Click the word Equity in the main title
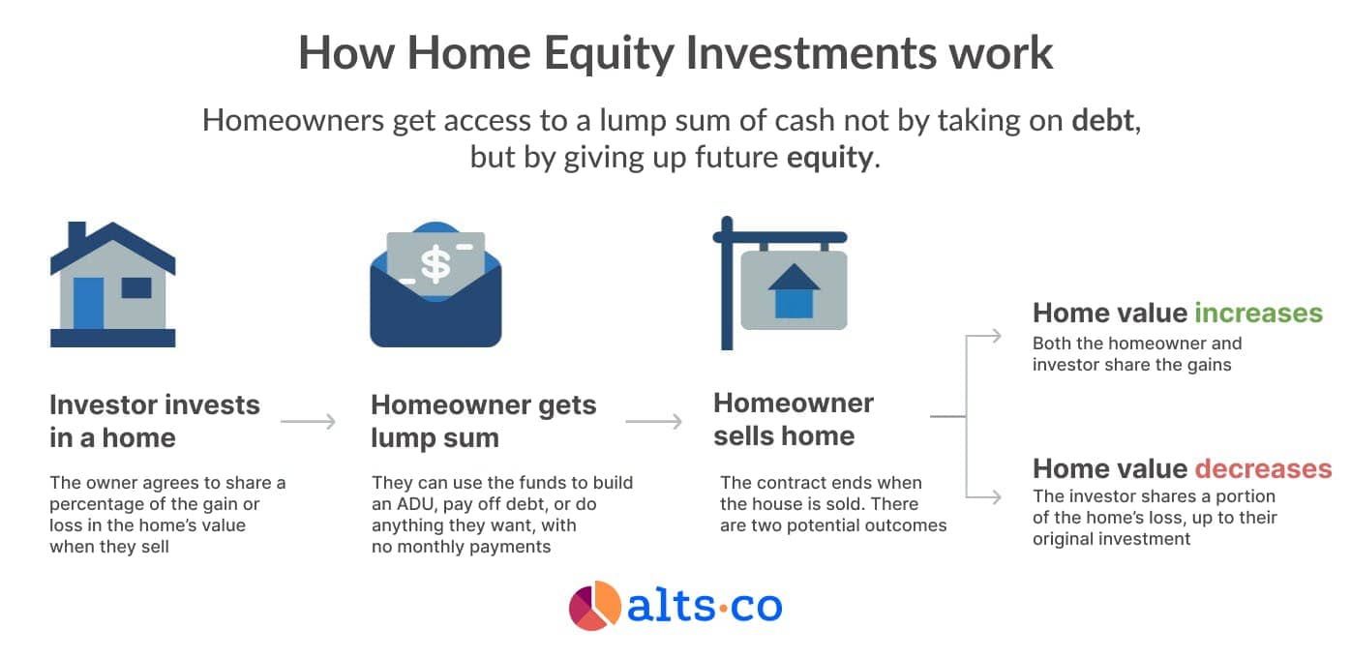pyautogui.click(x=609, y=54)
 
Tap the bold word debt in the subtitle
pyautogui.click(x=1103, y=120)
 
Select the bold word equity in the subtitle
pyautogui.click(x=830, y=158)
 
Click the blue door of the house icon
pyautogui.click(x=89, y=303)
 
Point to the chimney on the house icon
pyautogui.click(x=77, y=235)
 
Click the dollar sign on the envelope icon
pyautogui.click(x=435, y=265)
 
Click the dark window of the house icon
pyautogui.click(x=136, y=287)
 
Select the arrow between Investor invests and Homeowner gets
pyautogui.click(x=308, y=421)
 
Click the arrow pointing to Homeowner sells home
pyautogui.click(x=654, y=421)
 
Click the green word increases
pyautogui.click(x=1259, y=313)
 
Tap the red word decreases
pyautogui.click(x=1264, y=468)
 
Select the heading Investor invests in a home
pyautogui.click(x=155, y=421)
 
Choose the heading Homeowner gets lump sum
pyautogui.click(x=484, y=421)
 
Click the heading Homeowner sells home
pyautogui.click(x=794, y=419)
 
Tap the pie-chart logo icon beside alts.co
pyautogui.click(x=594, y=606)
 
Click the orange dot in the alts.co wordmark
pyautogui.click(x=723, y=607)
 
